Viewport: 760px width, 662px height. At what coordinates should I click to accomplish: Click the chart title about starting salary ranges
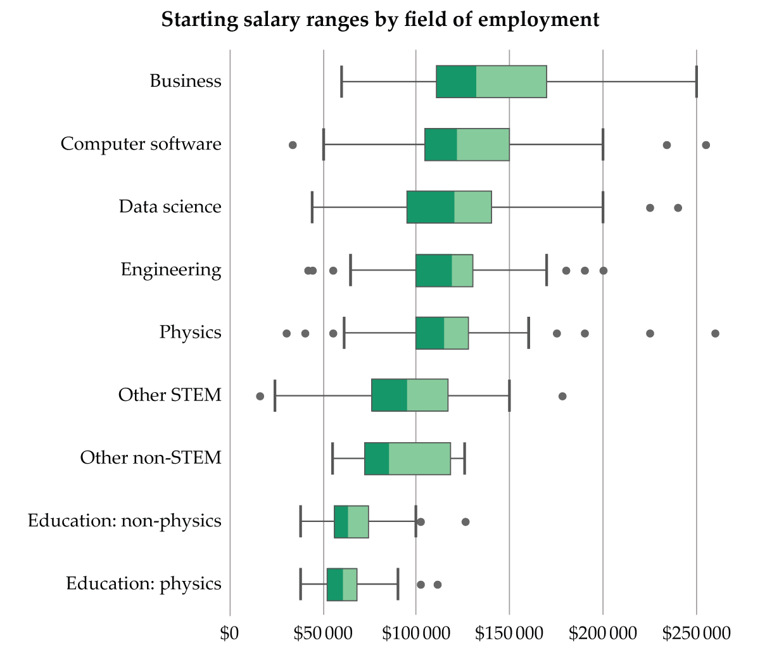tap(380, 20)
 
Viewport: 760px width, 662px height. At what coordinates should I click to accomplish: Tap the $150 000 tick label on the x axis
tap(509, 633)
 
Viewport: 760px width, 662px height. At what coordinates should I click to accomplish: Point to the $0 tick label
tap(229, 633)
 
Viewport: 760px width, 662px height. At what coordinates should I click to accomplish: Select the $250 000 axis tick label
tap(696, 633)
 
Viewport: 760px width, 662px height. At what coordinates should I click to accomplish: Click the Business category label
tap(186, 81)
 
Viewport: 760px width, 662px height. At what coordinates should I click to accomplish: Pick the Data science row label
tap(170, 207)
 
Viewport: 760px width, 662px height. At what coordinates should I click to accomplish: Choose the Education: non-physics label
tap(125, 521)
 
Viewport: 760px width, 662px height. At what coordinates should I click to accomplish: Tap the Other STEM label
tap(170, 395)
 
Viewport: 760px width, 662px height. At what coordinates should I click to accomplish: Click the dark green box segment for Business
tap(456, 81)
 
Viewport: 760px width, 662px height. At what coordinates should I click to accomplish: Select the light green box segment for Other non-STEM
tap(419, 458)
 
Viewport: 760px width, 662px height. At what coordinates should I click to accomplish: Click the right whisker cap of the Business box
tap(696, 81)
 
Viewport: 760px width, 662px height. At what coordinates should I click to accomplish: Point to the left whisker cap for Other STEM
tap(275, 395)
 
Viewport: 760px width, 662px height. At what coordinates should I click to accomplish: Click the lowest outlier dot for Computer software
tap(293, 145)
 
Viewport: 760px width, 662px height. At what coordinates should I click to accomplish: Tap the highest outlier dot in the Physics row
tap(715, 333)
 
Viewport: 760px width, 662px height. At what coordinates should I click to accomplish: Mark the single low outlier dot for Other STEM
tap(260, 396)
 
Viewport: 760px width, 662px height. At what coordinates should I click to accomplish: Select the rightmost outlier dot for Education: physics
tap(437, 584)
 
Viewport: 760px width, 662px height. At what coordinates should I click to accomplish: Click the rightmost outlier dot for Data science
tap(678, 208)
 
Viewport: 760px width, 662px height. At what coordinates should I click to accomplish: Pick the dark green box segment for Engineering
tap(434, 270)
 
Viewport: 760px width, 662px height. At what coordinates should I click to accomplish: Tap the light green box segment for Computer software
tap(483, 144)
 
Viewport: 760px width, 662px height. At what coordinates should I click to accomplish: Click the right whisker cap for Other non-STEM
tap(464, 458)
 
